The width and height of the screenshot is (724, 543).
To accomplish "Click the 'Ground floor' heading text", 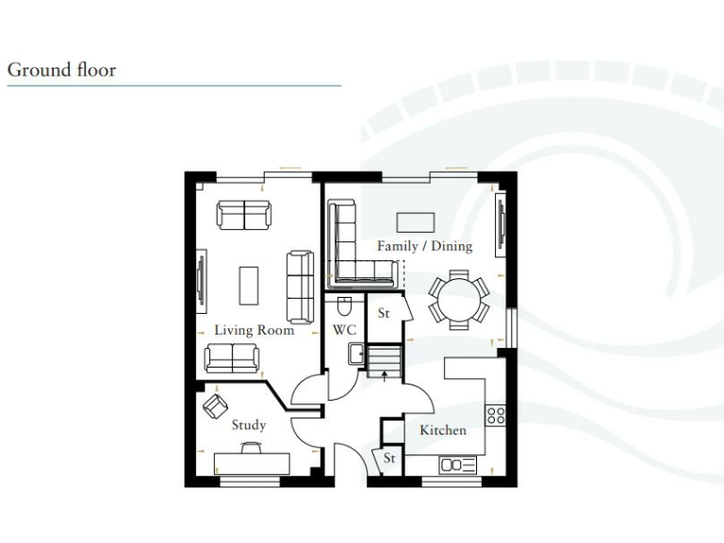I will click(x=61, y=70).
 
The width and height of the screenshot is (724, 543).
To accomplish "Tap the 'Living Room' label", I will click(x=254, y=331).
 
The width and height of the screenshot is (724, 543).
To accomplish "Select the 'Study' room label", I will click(x=249, y=425).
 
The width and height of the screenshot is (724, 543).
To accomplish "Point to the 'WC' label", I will click(x=343, y=331).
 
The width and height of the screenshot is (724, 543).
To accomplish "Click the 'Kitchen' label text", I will click(x=442, y=431).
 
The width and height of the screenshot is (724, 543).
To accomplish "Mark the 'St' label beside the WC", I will click(x=384, y=314).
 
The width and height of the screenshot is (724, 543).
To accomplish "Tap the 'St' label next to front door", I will click(x=388, y=459).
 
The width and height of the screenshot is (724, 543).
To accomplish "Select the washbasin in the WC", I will click(x=356, y=354).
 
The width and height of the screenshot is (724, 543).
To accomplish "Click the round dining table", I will click(x=459, y=300).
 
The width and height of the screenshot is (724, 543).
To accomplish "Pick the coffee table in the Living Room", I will click(x=249, y=286).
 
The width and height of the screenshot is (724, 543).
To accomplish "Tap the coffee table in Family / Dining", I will click(x=416, y=222).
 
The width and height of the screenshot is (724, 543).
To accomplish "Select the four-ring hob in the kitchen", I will click(x=495, y=415).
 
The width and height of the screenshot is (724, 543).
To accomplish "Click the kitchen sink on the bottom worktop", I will click(x=457, y=464).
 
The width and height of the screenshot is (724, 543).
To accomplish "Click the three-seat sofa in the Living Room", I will click(x=300, y=287).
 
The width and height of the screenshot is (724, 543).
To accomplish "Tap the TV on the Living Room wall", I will click(x=201, y=282).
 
